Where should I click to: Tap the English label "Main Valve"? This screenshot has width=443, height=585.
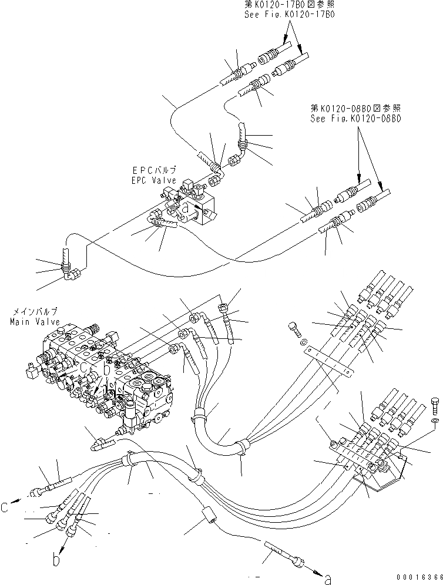point(30,322)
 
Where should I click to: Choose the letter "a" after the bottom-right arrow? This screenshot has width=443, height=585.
point(328,579)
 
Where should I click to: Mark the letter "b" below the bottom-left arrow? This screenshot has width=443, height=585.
point(56,559)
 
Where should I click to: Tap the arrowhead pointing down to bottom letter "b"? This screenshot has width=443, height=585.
point(58,547)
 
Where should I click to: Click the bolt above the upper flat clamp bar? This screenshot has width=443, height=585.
point(293,328)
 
